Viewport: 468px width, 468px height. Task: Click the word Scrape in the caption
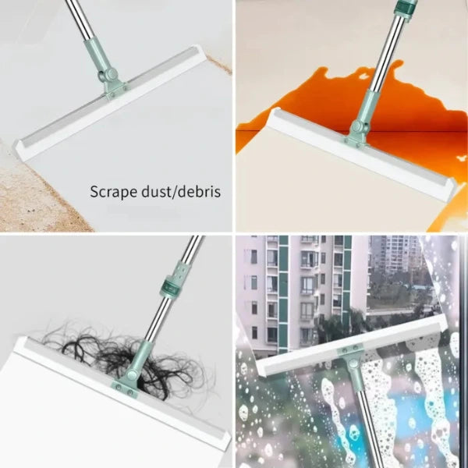(112, 191)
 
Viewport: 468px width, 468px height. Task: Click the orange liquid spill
(328, 101)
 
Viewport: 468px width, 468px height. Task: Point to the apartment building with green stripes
(304, 289)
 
